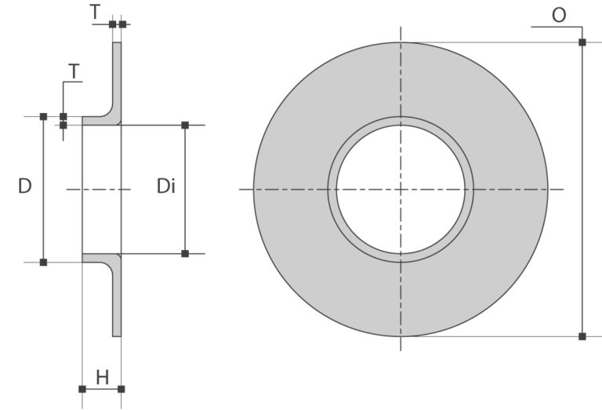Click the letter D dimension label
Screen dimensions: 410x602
[x=25, y=187]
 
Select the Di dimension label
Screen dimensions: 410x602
[x=165, y=187]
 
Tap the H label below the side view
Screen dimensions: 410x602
[x=102, y=378]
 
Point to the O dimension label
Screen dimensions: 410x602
[x=558, y=16]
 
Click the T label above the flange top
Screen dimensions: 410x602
[x=95, y=13]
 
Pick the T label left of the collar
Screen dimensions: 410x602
[x=74, y=72]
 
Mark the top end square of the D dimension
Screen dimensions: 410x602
[x=43, y=117]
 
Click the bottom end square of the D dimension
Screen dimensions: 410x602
[x=43, y=262]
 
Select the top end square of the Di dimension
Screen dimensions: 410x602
[x=185, y=125]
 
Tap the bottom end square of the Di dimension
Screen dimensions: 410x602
[x=185, y=253]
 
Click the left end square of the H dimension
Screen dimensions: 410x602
[x=82, y=389]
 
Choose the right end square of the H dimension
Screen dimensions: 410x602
[x=121, y=389]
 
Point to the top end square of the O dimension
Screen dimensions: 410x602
[x=582, y=42]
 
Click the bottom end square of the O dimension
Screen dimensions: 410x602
[x=582, y=336]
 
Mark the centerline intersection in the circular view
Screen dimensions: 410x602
[x=401, y=189]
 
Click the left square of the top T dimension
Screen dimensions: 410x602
[x=112, y=24]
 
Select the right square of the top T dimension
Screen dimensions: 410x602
[x=122, y=24]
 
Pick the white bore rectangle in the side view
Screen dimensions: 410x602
[x=102, y=189]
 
